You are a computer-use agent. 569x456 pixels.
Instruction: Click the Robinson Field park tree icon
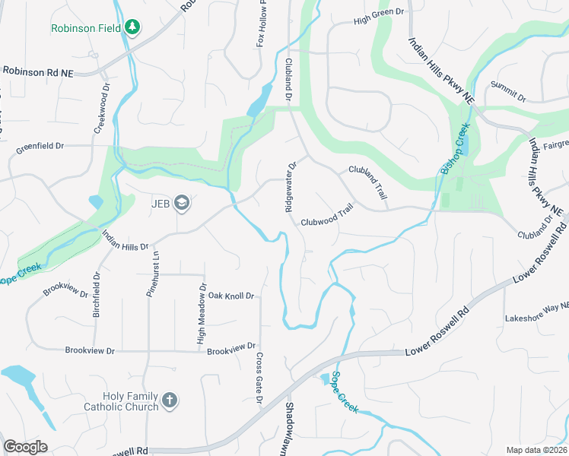pyautogui.click(x=132, y=27)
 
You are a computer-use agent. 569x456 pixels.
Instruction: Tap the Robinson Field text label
pyautogui.click(x=86, y=28)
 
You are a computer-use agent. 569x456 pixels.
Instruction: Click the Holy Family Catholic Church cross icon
pyautogui.click(x=169, y=400)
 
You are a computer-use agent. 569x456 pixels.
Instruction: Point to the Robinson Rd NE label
pyautogui.click(x=38, y=71)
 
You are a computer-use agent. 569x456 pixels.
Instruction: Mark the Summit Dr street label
pyautogui.click(x=508, y=92)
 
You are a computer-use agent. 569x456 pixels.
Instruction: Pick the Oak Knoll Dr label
pyautogui.click(x=230, y=295)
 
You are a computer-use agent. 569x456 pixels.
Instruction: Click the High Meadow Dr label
pyautogui.click(x=202, y=314)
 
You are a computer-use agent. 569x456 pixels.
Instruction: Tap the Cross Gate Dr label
pyautogui.click(x=259, y=378)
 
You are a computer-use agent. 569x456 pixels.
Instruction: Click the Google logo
pyautogui.click(x=25, y=447)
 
